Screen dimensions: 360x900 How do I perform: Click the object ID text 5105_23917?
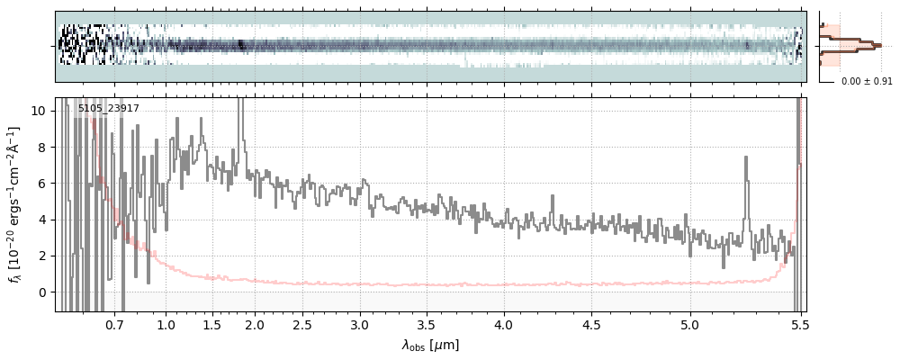[x=108, y=109]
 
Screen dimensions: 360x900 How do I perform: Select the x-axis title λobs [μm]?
[x=430, y=345]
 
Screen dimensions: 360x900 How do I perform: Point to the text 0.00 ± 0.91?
[x=866, y=82]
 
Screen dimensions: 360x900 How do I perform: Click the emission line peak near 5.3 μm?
[x=746, y=157]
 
